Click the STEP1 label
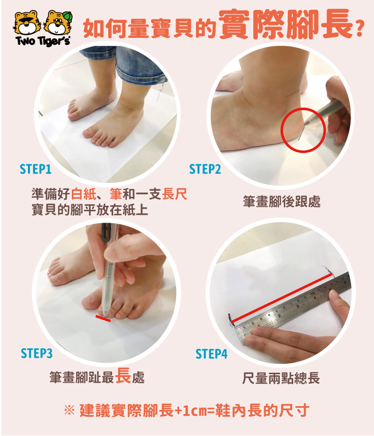click(35, 169)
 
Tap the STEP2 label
click(205, 169)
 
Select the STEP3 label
click(36, 353)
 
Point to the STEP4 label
click(211, 354)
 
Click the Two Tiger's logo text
click(43, 41)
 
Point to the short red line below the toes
click(103, 319)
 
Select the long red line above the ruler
click(282, 298)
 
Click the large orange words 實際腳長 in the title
click(285, 24)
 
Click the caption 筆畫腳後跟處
click(282, 202)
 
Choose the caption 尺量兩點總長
click(281, 378)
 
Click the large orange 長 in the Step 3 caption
click(123, 375)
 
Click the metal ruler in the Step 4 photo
click(292, 306)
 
